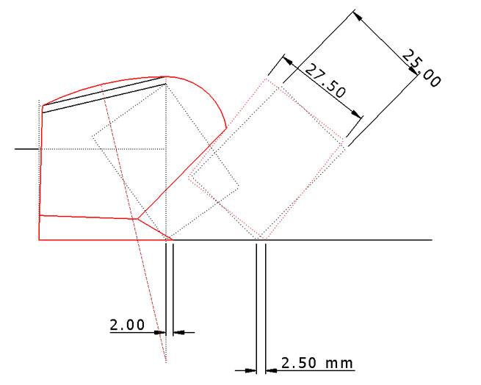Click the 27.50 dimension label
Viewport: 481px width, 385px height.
(326, 80)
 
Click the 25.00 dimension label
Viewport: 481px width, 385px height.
(422, 68)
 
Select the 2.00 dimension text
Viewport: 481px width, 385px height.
(127, 325)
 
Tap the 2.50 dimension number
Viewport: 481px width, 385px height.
(299, 363)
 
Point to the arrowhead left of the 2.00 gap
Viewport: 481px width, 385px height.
(159, 332)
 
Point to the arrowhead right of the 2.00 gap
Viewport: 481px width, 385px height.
(179, 332)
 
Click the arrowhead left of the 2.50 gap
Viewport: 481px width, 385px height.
(250, 370)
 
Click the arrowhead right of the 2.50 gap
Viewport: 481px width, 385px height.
(271, 370)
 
